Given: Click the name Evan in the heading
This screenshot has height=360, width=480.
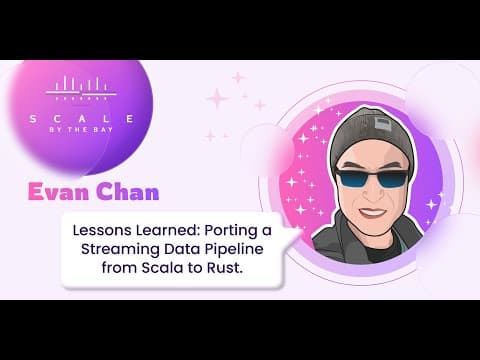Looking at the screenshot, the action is click(59, 192).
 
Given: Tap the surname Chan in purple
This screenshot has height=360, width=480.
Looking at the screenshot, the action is click(128, 192).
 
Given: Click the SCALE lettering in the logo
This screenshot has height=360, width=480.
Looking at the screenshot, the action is click(82, 119).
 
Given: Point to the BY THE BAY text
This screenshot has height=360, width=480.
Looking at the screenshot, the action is click(81, 130).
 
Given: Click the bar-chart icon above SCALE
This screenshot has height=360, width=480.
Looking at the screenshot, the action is click(81, 88).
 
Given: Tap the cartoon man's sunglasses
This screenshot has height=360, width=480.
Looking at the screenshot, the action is click(373, 178).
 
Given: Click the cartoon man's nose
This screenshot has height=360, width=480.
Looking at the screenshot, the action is click(371, 195).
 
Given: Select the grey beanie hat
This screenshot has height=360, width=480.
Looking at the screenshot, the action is click(373, 138).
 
